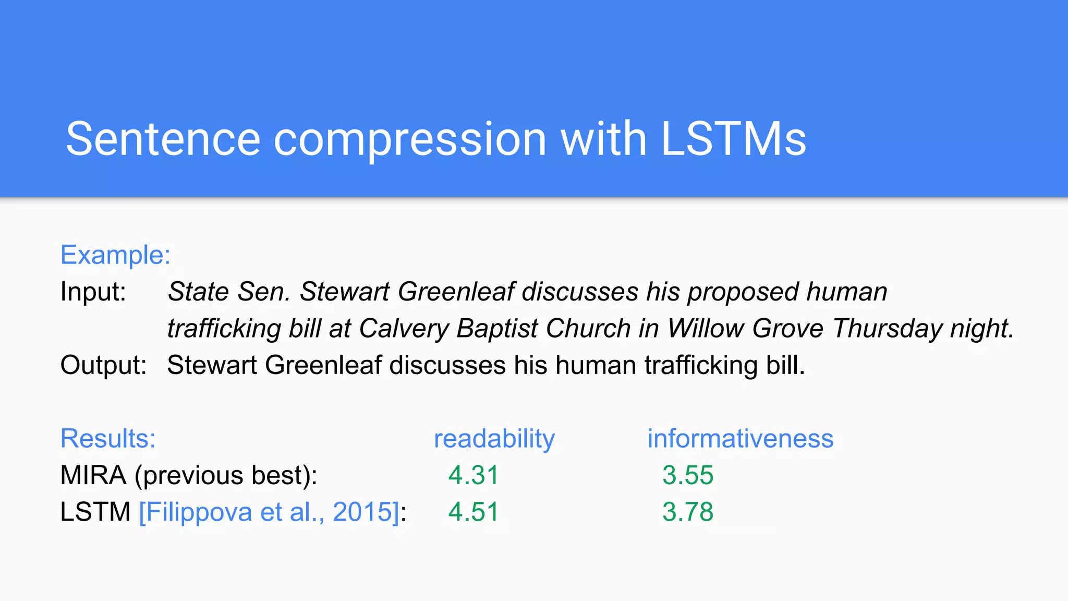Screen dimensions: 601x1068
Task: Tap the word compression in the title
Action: [410, 140]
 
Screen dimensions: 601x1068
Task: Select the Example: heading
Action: [115, 255]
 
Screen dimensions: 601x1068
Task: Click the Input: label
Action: [93, 292]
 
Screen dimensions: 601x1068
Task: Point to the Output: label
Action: [103, 365]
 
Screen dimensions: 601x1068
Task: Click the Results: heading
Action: [108, 438]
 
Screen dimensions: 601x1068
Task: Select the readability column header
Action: [494, 439]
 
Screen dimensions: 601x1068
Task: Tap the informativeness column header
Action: [740, 439]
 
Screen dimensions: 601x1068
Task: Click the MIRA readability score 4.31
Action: [474, 475]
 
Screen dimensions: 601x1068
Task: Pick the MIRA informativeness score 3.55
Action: [687, 475]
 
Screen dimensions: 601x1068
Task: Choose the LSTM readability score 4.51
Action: [474, 512]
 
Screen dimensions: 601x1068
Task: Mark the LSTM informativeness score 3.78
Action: [687, 512]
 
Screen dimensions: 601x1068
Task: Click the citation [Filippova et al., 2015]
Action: [269, 512]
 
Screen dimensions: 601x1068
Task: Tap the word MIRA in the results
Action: [93, 475]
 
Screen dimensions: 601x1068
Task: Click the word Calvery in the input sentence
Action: [404, 329]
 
